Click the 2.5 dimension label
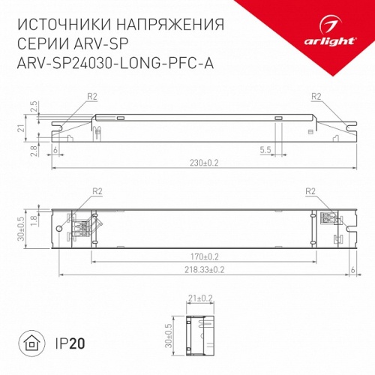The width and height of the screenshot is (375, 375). (x=33, y=106)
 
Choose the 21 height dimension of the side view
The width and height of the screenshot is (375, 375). (x=22, y=129)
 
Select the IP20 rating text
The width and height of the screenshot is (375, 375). (x=70, y=344)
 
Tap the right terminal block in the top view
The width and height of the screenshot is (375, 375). (x=328, y=219)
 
